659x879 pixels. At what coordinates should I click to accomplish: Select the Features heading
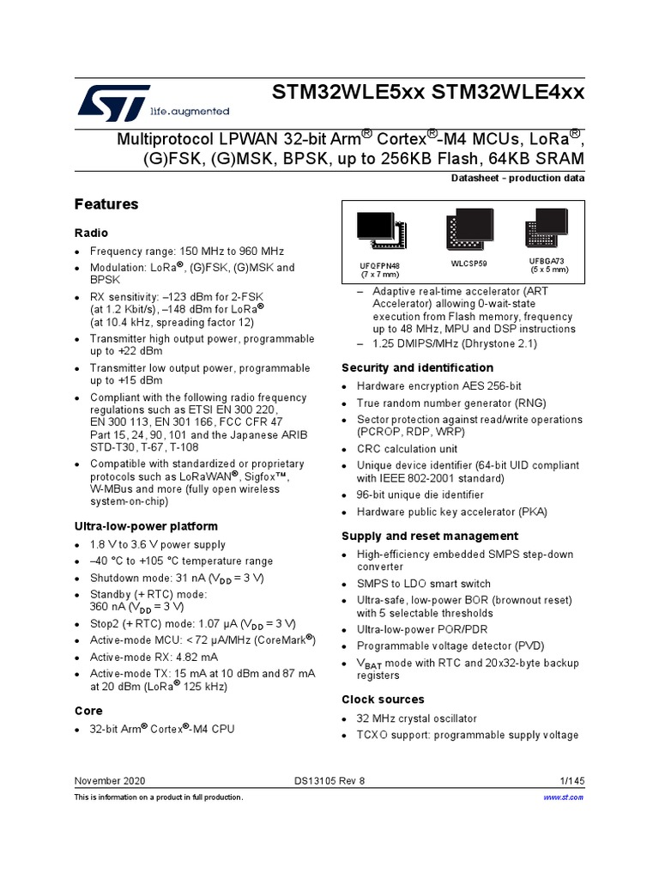click(x=106, y=204)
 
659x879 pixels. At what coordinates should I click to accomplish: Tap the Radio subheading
click(x=92, y=233)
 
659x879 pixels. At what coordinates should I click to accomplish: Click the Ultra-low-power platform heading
click(x=146, y=525)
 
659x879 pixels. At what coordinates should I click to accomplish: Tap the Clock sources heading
click(x=383, y=699)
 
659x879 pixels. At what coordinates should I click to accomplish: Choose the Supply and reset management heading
click(x=418, y=536)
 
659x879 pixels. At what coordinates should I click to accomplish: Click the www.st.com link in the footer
click(x=564, y=797)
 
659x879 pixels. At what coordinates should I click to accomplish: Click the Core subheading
click(x=88, y=711)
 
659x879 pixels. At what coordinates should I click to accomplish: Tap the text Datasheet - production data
click(x=517, y=179)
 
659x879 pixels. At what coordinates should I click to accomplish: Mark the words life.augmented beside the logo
click(x=189, y=112)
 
